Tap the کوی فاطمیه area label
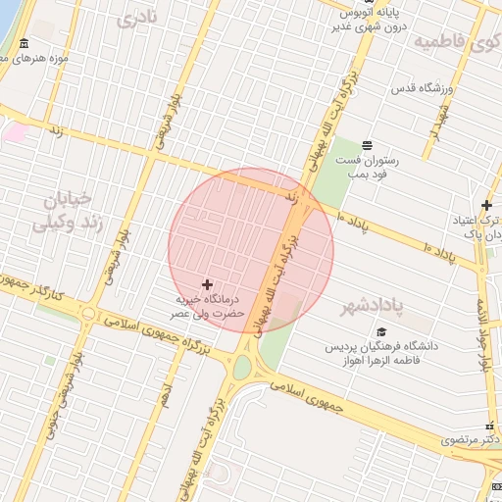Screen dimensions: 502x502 coord(457,42)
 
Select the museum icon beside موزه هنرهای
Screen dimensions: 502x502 coord(23,46)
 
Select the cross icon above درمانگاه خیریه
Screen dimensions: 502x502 coord(207,283)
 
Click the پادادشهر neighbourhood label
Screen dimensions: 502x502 coord(373,308)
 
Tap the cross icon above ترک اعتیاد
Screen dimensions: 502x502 coord(486,204)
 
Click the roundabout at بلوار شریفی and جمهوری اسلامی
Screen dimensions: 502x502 coord(89,314)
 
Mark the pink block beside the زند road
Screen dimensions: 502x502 coord(14,130)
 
